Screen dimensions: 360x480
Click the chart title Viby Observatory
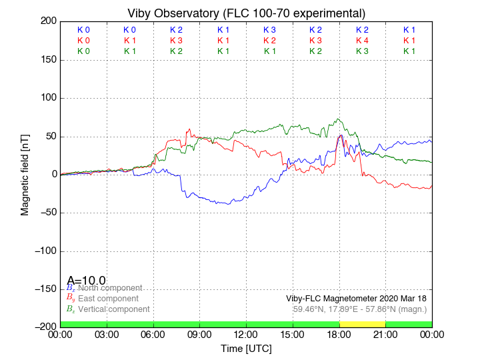pyautogui.click(x=246, y=13)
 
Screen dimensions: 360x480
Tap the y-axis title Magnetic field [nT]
pyautogui.click(x=25, y=173)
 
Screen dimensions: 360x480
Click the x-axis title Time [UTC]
pyautogui.click(x=246, y=349)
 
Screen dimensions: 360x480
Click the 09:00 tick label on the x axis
pyautogui.click(x=200, y=335)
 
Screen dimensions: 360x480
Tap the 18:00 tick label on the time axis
pyautogui.click(x=339, y=335)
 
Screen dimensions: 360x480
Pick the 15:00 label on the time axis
pyautogui.click(x=293, y=335)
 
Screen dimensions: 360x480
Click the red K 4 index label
pyautogui.click(x=362, y=41)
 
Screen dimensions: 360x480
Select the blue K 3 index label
pyautogui.click(x=269, y=30)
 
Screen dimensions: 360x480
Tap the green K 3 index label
pyautogui.click(x=362, y=51)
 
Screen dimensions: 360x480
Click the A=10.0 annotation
pyautogui.click(x=86, y=281)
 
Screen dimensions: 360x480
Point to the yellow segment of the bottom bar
pyautogui.click(x=362, y=323)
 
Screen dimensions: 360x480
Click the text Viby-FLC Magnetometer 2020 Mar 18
pyautogui.click(x=356, y=299)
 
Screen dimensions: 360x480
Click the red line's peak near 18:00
pyautogui.click(x=341, y=135)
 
